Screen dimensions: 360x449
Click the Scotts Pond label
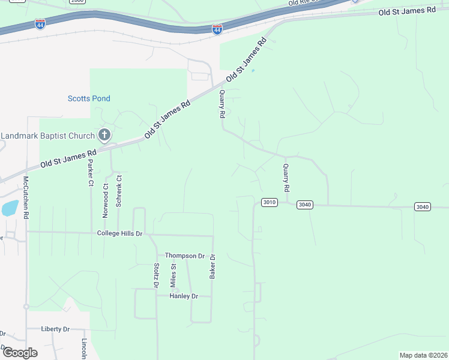(x=89, y=98)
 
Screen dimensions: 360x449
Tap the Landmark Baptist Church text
(x=48, y=136)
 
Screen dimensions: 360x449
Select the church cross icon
(x=104, y=135)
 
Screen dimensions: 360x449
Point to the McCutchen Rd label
(x=26, y=197)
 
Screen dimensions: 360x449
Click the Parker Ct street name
(x=91, y=173)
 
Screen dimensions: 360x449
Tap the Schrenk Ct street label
(x=119, y=191)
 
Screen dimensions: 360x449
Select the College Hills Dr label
(x=120, y=233)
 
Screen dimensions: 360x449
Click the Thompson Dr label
(x=185, y=256)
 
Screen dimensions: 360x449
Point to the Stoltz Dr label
(x=156, y=276)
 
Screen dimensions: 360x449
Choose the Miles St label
(x=173, y=274)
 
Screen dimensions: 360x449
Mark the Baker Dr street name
(x=212, y=266)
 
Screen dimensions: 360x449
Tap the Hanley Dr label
(x=184, y=296)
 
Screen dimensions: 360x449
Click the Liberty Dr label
(x=56, y=329)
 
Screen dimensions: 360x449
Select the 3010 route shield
(x=269, y=202)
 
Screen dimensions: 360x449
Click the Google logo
(x=20, y=352)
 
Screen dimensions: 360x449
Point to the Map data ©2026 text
(x=423, y=355)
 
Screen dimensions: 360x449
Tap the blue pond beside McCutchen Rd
(x=10, y=208)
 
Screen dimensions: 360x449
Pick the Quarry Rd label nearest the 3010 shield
(x=286, y=178)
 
